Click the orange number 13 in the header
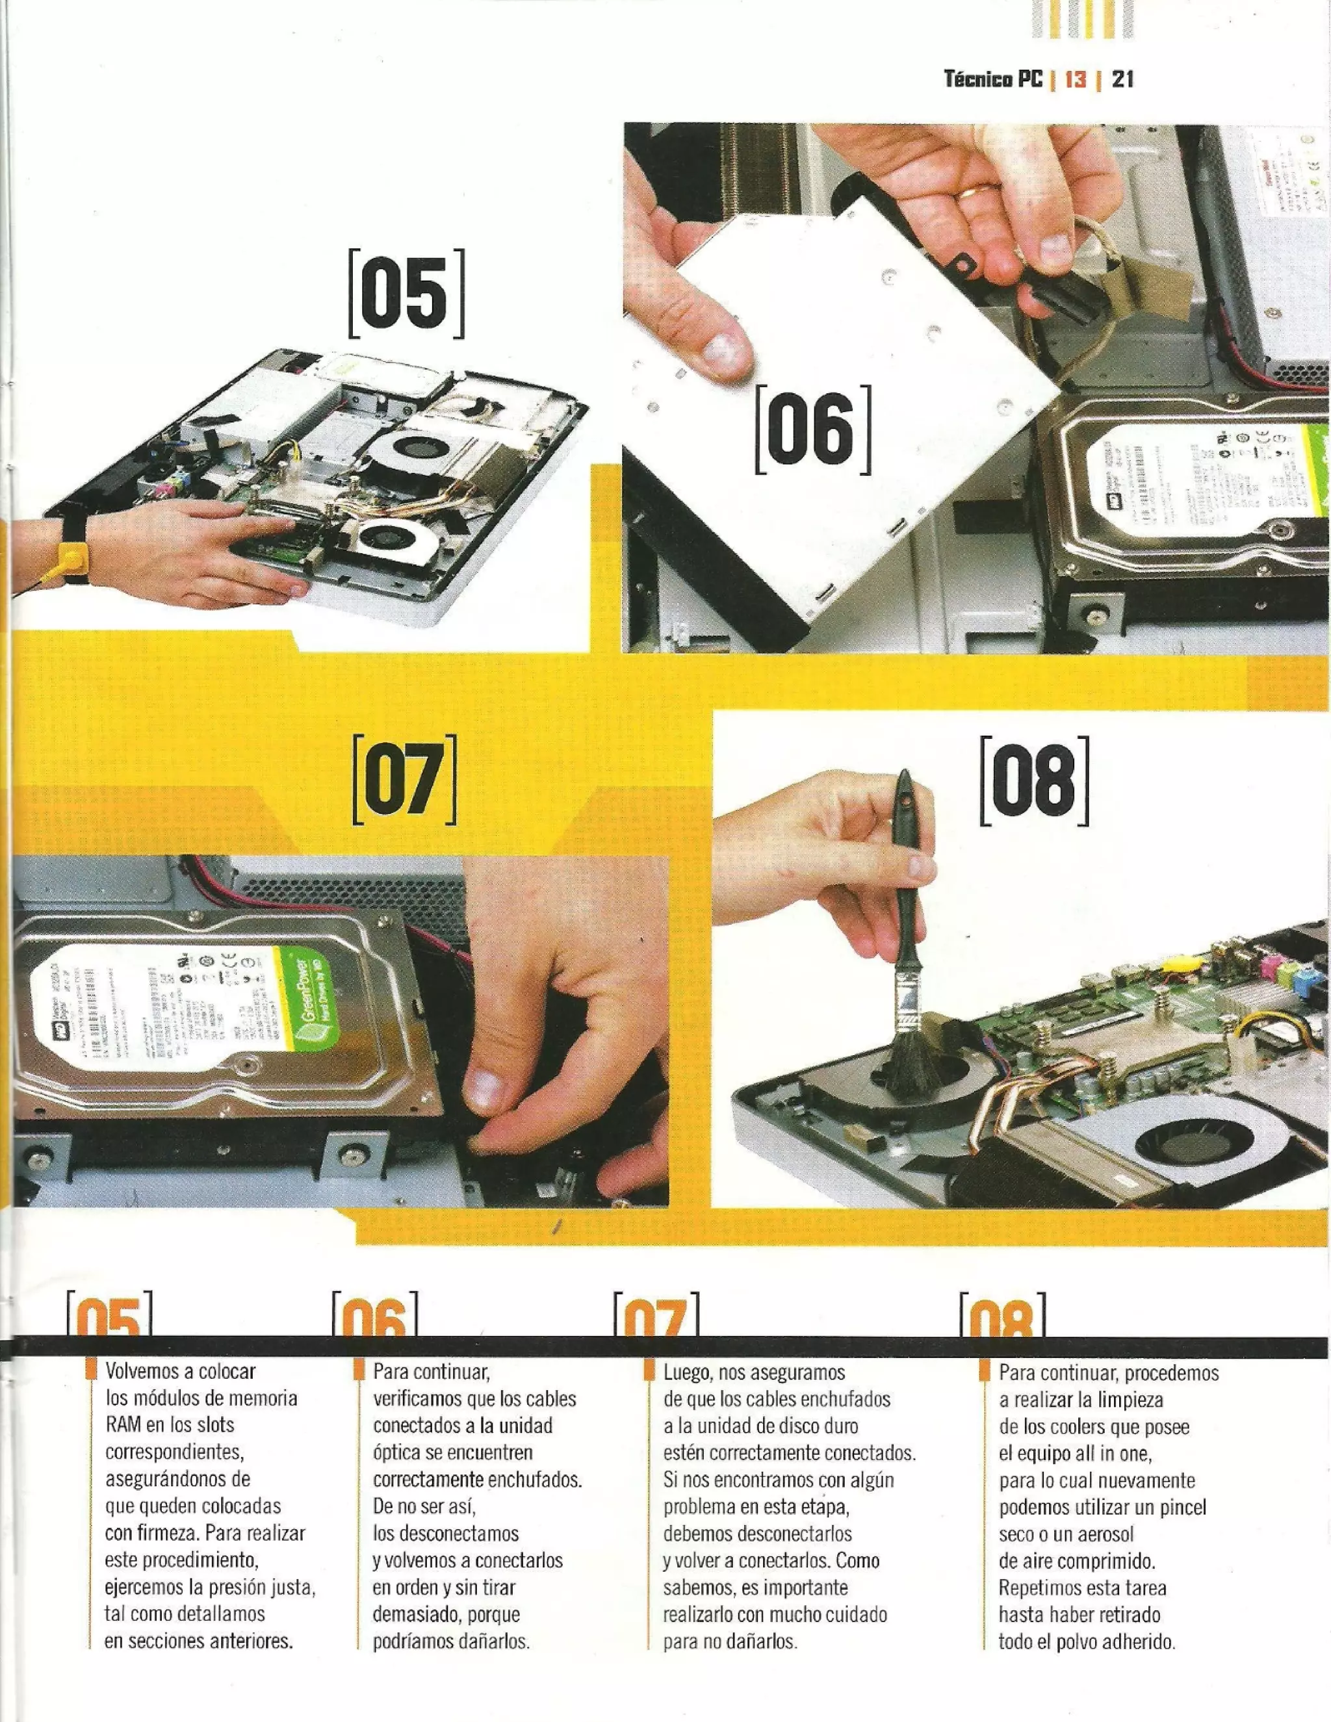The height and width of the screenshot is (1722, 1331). pos(1076,79)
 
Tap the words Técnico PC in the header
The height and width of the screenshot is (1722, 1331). pos(993,79)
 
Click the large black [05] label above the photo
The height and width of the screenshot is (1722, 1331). pos(406,293)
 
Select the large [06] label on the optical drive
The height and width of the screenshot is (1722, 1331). pos(812,430)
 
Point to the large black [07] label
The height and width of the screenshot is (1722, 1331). pos(404,780)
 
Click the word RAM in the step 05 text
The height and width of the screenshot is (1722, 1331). pos(123,1425)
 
